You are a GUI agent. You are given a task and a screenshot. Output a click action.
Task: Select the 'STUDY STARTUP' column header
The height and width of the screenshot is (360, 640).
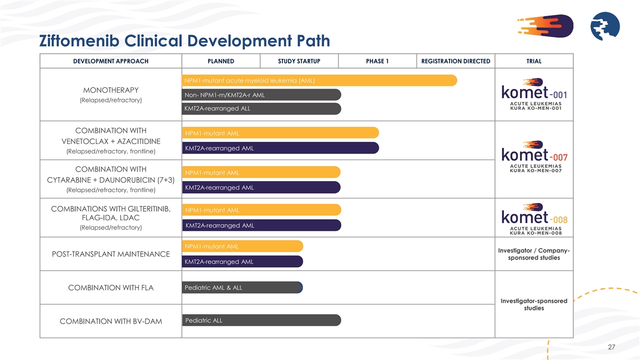[x=299, y=61]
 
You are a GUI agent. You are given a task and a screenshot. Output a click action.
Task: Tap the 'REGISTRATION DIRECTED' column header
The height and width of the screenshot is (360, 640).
[x=455, y=61]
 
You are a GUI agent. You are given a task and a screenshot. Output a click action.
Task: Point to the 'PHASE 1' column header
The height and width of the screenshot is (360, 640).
[x=377, y=61]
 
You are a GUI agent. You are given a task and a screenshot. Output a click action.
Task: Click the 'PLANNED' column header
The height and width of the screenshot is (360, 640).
[x=221, y=61]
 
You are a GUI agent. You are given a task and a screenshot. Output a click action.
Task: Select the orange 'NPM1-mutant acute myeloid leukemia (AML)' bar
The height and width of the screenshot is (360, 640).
[x=319, y=81]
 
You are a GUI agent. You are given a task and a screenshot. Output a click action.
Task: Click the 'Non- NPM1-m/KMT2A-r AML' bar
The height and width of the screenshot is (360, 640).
[x=261, y=95]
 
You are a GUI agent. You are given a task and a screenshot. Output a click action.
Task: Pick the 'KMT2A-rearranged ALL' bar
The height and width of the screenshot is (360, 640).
[x=261, y=109]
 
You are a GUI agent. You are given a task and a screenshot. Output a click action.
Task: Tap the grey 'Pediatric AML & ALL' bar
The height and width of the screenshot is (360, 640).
[x=242, y=288]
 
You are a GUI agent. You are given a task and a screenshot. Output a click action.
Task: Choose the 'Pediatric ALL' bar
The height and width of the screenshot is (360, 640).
[x=261, y=321]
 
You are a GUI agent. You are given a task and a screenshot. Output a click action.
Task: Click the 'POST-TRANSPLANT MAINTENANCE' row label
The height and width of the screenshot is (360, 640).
[x=111, y=254]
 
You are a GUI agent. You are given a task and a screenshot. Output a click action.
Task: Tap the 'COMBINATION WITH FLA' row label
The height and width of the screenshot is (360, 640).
[x=111, y=288]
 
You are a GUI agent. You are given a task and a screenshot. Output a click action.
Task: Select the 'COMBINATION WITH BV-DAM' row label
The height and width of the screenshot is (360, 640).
[x=111, y=321]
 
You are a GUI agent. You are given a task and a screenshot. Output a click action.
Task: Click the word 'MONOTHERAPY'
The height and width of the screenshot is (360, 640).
[x=111, y=89]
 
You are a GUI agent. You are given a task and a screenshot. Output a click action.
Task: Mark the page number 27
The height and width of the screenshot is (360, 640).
[x=611, y=347]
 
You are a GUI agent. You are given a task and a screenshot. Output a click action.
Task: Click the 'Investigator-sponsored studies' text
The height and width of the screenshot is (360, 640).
[x=534, y=305]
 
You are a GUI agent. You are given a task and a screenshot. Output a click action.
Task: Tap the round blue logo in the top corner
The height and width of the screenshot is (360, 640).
[x=604, y=27]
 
